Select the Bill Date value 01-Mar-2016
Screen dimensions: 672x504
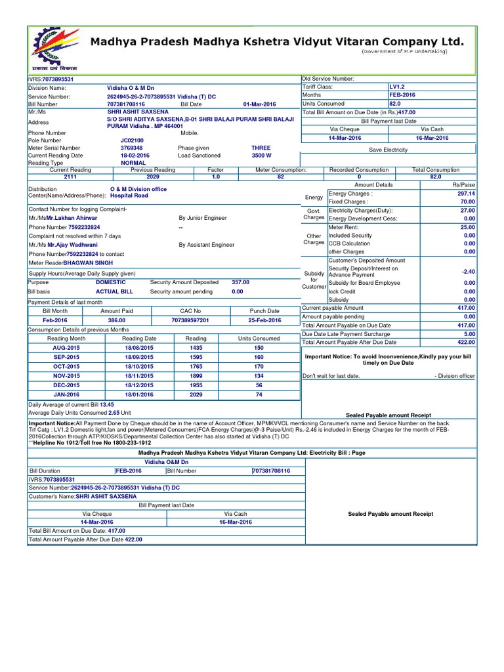point(260,104)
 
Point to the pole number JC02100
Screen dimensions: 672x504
point(131,140)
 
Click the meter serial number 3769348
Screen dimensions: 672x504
point(131,148)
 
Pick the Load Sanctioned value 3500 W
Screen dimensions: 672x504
point(262,156)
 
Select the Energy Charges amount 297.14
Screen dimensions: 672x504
point(466,194)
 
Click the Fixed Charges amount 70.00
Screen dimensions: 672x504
point(467,202)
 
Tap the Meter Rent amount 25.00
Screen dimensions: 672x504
point(467,227)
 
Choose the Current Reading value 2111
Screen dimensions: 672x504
point(70,177)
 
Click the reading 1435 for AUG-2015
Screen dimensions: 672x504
point(196,348)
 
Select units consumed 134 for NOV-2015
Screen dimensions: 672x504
point(259,376)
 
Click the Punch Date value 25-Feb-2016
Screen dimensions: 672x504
point(264,320)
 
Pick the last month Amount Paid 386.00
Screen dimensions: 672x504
point(116,320)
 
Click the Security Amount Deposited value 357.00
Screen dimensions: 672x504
point(241,282)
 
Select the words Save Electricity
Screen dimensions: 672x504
point(388,150)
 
